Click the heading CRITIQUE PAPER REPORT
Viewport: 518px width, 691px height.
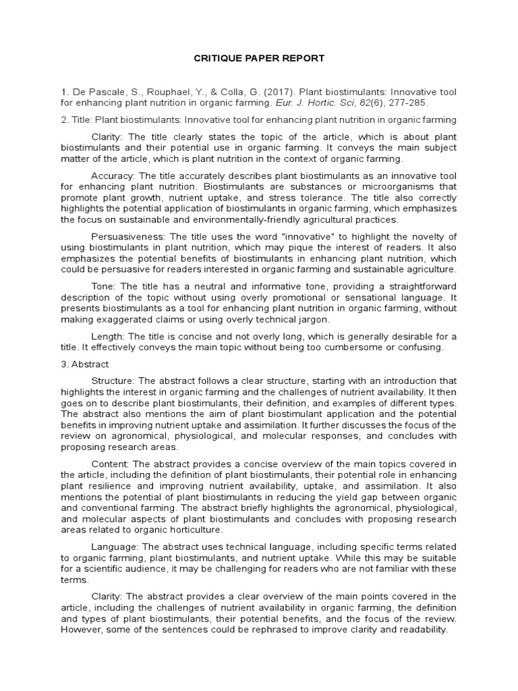click(x=258, y=58)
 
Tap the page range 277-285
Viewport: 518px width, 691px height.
click(x=409, y=103)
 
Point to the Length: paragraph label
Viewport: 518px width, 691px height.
click(x=107, y=336)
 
